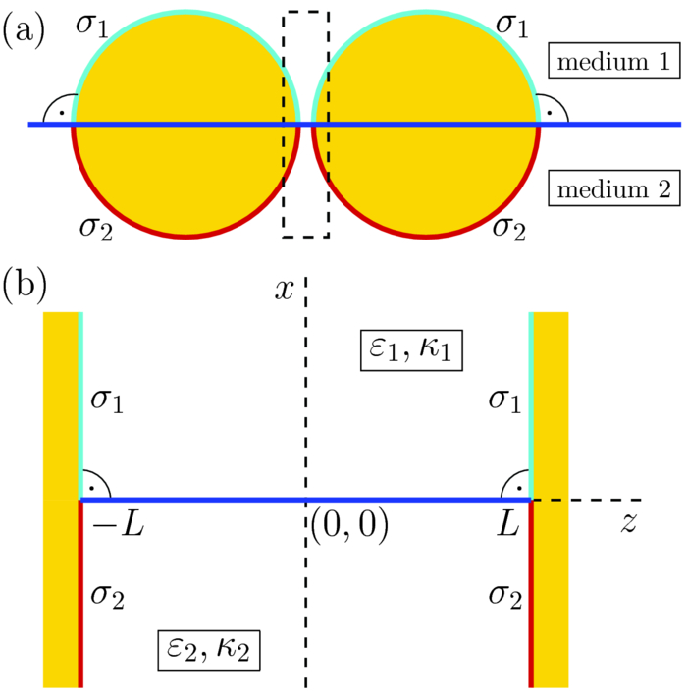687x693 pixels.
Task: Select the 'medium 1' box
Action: coord(612,64)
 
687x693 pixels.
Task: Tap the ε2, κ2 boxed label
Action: coord(208,648)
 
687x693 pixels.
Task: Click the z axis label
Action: coord(627,522)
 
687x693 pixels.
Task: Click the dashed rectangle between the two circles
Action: coord(305,123)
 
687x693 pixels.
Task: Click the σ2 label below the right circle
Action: coord(507,228)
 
